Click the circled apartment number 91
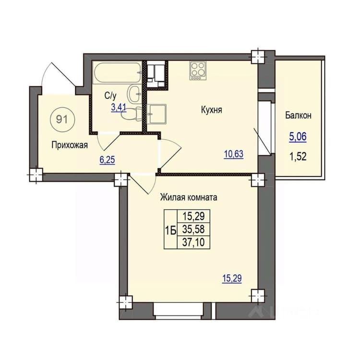point(62,120)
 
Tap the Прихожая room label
point(70,145)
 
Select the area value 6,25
point(107,159)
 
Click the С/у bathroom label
point(110,96)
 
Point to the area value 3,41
point(119,108)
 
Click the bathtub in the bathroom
point(117,73)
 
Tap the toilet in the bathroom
point(132,114)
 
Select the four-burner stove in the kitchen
point(198,71)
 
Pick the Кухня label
point(212,110)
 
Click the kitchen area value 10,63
point(234,154)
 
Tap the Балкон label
point(298,115)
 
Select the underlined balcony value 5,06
point(298,137)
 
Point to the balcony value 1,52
point(298,157)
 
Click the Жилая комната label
point(189,197)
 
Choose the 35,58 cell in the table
point(193,229)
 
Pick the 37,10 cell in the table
point(193,242)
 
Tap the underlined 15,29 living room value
point(232,278)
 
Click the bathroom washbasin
point(134,94)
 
